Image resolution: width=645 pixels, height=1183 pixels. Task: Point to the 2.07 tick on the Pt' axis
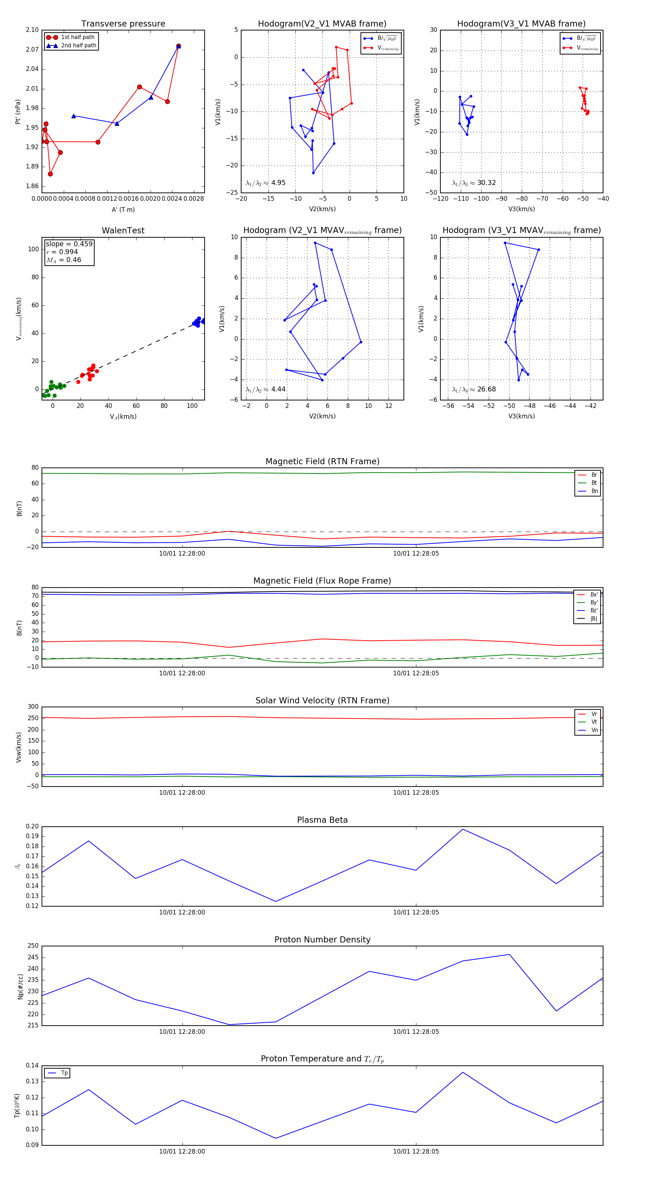(32, 49)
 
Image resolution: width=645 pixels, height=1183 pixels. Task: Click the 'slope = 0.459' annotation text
(69, 244)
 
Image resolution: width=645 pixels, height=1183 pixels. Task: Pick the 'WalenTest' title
(123, 231)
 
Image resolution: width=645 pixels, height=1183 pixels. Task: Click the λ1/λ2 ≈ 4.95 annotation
(265, 183)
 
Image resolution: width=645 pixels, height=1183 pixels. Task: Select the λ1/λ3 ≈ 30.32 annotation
(474, 183)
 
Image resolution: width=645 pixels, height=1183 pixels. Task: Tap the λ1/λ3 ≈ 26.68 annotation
(474, 389)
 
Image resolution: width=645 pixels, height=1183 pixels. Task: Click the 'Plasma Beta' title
(322, 820)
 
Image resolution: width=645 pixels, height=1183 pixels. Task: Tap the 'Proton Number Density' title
(322, 940)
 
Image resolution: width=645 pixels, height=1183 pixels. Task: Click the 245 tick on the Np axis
(33, 958)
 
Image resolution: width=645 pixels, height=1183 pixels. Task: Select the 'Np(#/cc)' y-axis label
(20, 987)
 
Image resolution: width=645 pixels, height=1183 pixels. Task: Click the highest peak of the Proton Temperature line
(463, 1072)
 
